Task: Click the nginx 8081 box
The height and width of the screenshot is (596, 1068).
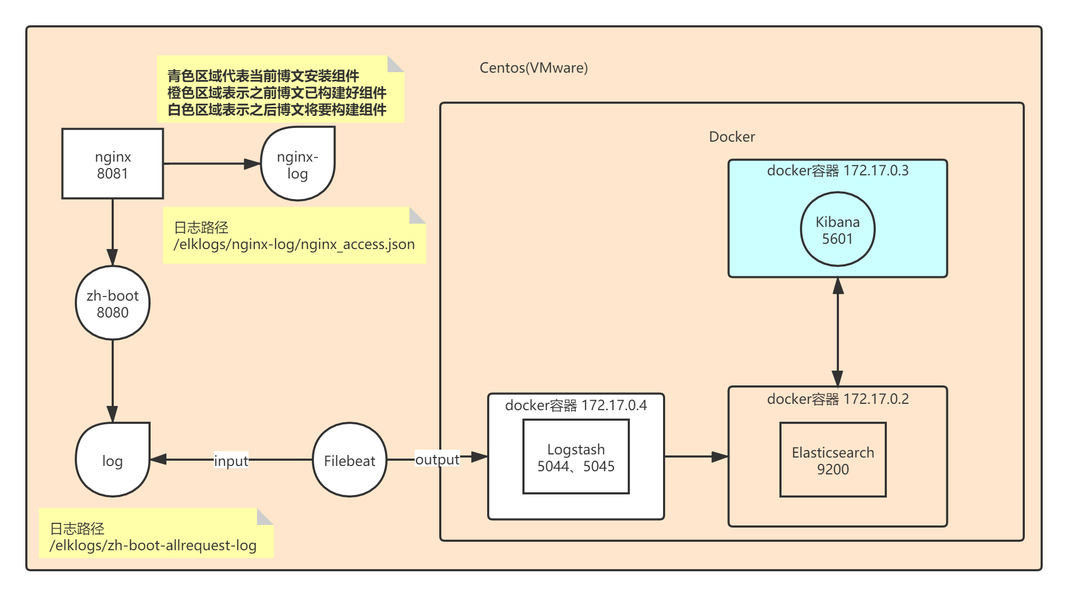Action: pyautogui.click(x=112, y=164)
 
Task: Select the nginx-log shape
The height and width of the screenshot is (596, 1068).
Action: pyautogui.click(x=298, y=164)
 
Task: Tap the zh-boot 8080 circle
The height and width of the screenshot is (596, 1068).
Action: pyautogui.click(x=112, y=303)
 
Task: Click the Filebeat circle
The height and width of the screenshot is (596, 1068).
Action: pyautogui.click(x=349, y=460)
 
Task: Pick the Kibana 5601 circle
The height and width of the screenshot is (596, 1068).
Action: pyautogui.click(x=837, y=230)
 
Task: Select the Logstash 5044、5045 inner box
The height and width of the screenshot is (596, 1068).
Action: pyautogui.click(x=576, y=457)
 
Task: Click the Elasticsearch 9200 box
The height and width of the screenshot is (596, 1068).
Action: pyautogui.click(x=833, y=460)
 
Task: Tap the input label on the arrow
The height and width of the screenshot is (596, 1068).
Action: pyautogui.click(x=231, y=461)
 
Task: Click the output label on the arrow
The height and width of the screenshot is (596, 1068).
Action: pyautogui.click(x=437, y=459)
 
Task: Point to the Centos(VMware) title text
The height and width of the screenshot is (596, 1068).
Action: pyautogui.click(x=533, y=68)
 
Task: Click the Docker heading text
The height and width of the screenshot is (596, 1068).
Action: pyautogui.click(x=731, y=137)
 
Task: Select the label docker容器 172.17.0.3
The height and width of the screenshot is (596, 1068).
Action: pyautogui.click(x=837, y=171)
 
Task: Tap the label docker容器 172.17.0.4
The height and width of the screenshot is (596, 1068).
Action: pyautogui.click(x=576, y=405)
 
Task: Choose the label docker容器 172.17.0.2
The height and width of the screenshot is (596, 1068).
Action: pyautogui.click(x=837, y=399)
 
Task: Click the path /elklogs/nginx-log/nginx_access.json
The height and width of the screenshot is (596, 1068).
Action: pyautogui.click(x=294, y=244)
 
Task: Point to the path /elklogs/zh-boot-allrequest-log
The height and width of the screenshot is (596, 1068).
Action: pyautogui.click(x=153, y=545)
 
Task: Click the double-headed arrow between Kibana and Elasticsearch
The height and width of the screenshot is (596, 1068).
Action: pyautogui.click(x=837, y=332)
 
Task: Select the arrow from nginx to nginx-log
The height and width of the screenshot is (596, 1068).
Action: pyautogui.click(x=211, y=164)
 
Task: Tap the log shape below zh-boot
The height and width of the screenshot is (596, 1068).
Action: pyautogui.click(x=112, y=460)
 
